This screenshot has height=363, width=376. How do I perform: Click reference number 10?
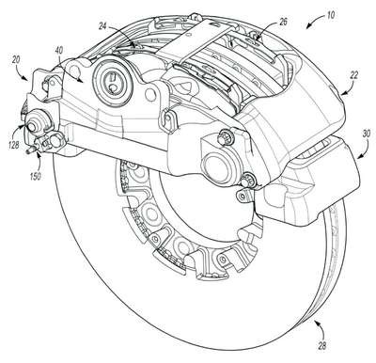coord(329,15)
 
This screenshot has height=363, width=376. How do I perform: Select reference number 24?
coord(103,25)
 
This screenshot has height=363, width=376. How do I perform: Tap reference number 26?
coord(282,22)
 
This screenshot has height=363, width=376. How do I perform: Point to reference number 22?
coord(353,75)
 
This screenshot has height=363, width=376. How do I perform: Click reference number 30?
coord(366,134)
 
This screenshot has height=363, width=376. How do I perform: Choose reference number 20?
coord(16,60)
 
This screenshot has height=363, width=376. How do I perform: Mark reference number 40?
coord(58,51)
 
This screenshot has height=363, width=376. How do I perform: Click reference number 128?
coord(13,145)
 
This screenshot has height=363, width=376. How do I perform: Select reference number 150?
coord(35,176)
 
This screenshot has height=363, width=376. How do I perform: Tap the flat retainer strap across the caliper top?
coord(197,39)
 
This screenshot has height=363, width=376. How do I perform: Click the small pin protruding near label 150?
coord(31,150)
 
